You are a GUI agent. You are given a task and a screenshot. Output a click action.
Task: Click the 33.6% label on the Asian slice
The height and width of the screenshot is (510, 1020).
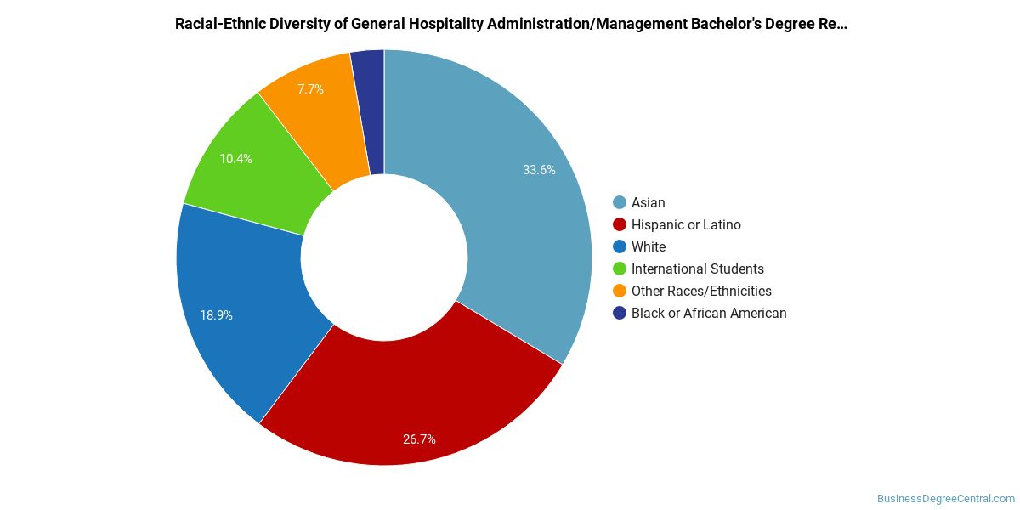(539, 170)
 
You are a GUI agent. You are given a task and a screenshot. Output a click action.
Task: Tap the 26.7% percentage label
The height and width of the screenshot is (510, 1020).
(419, 439)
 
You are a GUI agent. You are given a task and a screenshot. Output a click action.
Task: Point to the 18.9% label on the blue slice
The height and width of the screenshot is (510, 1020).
(216, 315)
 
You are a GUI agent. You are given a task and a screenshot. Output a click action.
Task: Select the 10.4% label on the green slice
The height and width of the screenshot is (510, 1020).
(236, 158)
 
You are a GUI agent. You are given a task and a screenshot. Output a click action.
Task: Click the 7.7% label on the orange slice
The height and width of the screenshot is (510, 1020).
(310, 88)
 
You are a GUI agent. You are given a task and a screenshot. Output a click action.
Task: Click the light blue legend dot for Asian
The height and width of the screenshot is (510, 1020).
(620, 202)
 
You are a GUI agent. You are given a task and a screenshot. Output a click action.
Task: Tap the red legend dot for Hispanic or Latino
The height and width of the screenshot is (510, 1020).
(620, 224)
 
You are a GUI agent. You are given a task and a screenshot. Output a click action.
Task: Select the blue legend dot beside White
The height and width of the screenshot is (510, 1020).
(620, 246)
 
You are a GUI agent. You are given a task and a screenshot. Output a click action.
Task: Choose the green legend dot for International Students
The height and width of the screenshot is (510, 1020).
(620, 269)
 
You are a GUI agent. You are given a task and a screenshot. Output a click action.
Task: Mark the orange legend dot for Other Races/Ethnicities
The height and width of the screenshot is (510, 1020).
(620, 291)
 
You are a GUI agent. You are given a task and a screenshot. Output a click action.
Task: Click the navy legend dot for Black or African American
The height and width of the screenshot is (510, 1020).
(620, 313)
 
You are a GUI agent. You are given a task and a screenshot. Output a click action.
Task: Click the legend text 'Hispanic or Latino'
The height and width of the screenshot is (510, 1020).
(686, 225)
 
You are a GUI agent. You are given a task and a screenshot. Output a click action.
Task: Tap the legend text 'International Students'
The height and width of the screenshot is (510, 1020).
(698, 269)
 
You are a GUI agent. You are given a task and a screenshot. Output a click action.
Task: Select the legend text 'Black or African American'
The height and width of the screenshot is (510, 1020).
(709, 314)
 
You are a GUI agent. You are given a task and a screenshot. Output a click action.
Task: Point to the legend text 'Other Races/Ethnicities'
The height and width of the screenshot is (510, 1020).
(701, 292)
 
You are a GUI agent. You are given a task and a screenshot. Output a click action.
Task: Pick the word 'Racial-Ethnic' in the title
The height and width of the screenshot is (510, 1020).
(221, 24)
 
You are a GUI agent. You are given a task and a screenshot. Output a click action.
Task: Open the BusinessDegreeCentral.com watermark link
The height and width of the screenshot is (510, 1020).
(945, 499)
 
